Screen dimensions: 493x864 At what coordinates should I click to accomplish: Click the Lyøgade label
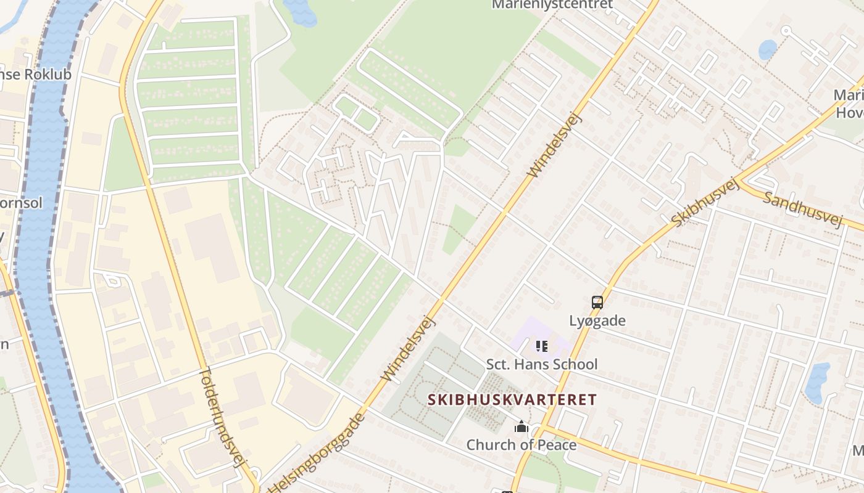(x=597, y=320)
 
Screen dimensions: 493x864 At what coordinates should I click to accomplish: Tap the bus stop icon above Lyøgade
(x=597, y=303)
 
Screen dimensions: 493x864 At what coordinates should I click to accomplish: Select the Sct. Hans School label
(x=541, y=364)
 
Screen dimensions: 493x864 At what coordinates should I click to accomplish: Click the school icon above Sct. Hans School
(x=542, y=346)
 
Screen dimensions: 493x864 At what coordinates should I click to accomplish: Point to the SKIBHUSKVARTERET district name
(x=512, y=399)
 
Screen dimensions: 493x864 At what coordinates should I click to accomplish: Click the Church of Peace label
(x=521, y=444)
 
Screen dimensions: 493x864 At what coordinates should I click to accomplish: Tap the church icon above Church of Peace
(x=521, y=426)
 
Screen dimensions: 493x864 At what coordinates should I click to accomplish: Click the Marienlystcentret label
(x=552, y=5)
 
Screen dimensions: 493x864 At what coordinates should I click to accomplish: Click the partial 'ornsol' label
(x=21, y=203)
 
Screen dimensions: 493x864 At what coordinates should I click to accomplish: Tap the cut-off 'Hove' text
(x=850, y=113)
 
